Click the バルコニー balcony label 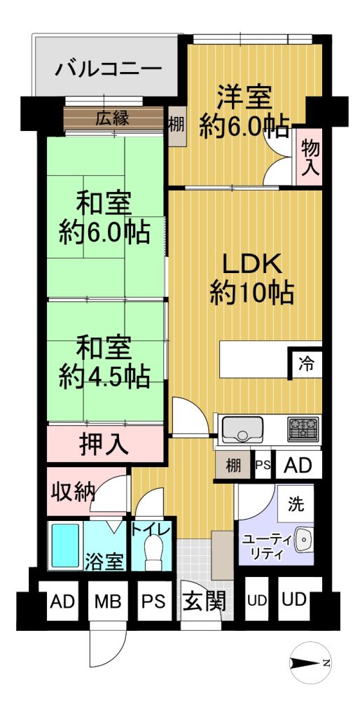(109, 69)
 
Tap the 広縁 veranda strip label (112, 118)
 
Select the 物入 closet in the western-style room (310, 157)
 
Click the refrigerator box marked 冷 (305, 363)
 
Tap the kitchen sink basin (242, 429)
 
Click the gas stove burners (303, 429)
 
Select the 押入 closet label (104, 443)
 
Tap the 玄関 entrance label (205, 602)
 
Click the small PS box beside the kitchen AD (263, 465)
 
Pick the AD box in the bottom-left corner (62, 601)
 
